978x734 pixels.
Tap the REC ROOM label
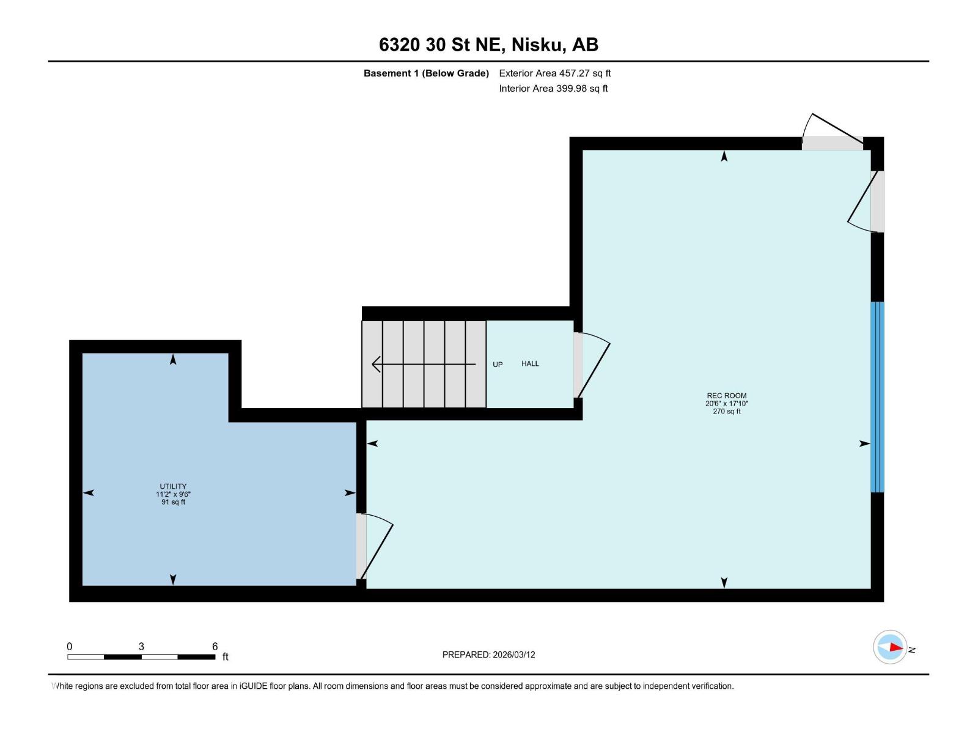tap(726, 396)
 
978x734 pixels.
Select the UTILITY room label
tap(173, 487)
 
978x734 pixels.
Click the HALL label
tap(530, 363)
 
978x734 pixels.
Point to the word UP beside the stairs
tap(498, 365)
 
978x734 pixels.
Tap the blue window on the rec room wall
tap(877, 397)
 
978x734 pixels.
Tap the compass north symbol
tap(891, 647)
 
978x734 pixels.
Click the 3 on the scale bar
tap(141, 647)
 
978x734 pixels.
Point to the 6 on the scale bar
tap(215, 647)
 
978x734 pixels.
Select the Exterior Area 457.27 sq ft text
tap(554, 73)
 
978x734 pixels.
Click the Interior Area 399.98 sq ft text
tap(553, 89)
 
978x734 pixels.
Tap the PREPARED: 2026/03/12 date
tap(488, 654)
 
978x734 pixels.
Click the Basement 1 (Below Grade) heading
tap(426, 73)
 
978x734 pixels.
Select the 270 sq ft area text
tap(726, 412)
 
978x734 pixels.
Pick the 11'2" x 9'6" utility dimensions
tap(173, 494)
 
